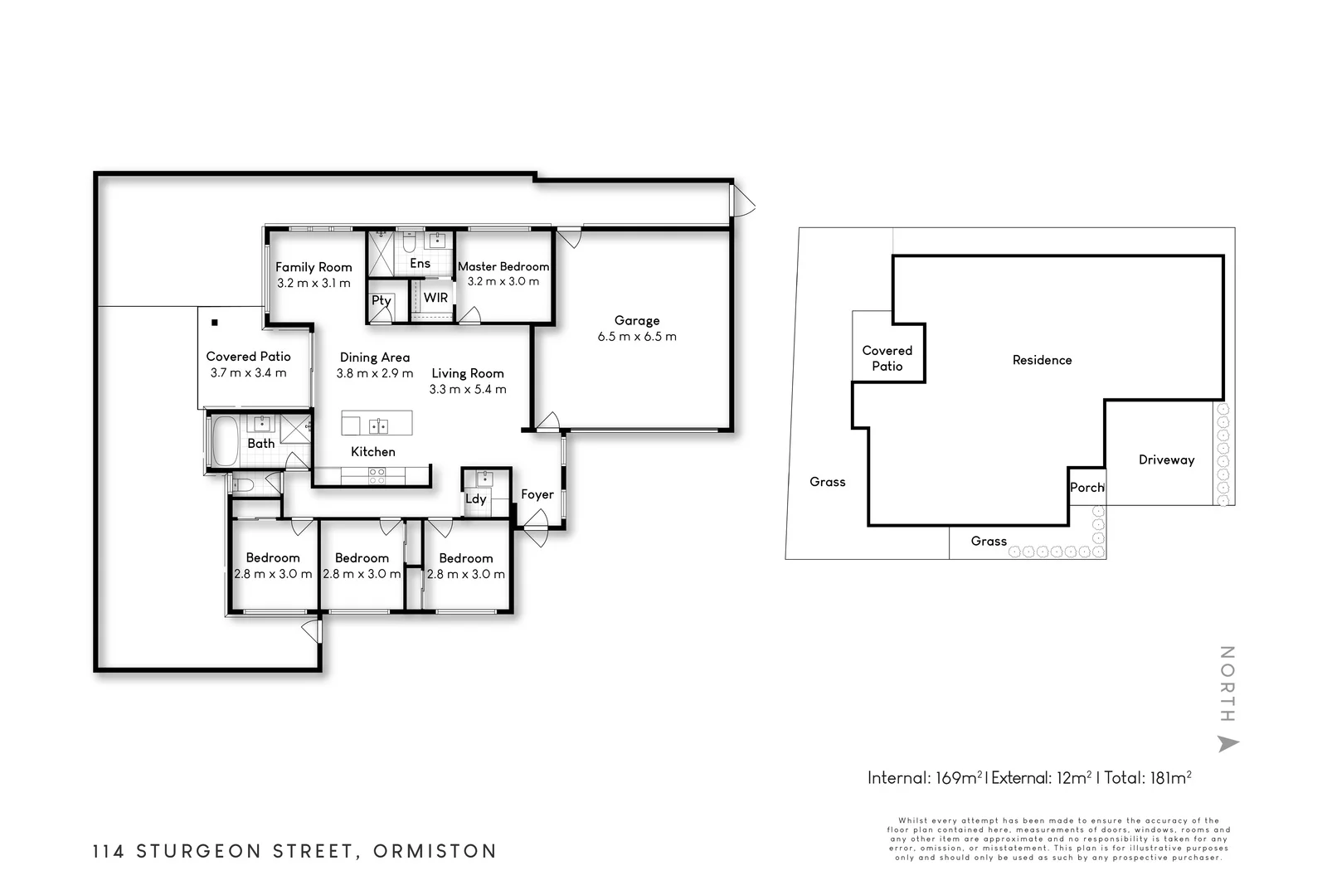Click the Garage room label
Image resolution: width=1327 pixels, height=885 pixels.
637,320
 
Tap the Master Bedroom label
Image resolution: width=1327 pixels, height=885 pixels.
503,266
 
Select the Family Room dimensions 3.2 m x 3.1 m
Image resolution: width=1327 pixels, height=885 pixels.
314,283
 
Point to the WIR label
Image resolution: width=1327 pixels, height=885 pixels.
435,298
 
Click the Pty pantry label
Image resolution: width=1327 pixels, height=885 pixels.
382,300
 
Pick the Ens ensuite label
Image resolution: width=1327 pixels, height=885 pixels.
420,263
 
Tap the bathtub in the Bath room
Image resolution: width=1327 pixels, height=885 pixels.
225,441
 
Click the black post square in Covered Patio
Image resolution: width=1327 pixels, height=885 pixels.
215,323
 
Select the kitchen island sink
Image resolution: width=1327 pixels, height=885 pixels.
378,425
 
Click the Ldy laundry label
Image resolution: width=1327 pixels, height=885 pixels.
476,498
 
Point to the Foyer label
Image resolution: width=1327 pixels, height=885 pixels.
537,494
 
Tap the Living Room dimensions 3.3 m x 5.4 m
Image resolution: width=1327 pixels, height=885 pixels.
468,389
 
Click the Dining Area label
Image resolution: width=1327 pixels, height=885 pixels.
375,357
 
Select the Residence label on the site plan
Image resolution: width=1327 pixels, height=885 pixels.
1042,360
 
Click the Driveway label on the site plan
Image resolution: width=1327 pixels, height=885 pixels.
1166,460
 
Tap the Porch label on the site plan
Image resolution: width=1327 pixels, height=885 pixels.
1087,488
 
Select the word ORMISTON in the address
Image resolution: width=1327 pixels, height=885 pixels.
435,851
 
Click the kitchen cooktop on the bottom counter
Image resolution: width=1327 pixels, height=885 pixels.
377,475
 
